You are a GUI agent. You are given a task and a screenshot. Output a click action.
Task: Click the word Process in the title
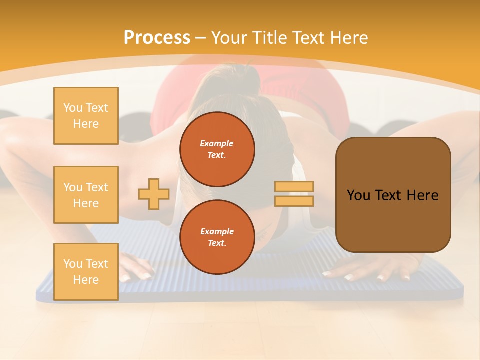point(157,38)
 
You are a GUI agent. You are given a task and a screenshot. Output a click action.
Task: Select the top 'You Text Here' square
point(86,116)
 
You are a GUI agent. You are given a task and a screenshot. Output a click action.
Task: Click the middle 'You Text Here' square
point(86,195)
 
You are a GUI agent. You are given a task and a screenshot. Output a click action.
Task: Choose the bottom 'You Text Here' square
point(86,271)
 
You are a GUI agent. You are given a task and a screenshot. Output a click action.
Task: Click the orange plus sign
point(154,194)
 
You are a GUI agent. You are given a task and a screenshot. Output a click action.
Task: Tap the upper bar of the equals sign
point(294,186)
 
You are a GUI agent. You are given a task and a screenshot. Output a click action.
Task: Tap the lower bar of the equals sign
point(294,201)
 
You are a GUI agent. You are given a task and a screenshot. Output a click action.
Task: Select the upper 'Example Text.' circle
point(217,149)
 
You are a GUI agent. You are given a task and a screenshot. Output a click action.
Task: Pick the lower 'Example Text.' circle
point(217,237)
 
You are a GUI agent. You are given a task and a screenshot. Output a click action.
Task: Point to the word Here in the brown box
point(422,195)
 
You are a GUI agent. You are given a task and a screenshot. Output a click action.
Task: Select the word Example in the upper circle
point(217,143)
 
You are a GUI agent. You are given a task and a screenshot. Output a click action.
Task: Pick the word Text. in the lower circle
point(217,243)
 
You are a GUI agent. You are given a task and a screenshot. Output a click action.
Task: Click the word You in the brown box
point(358,195)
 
